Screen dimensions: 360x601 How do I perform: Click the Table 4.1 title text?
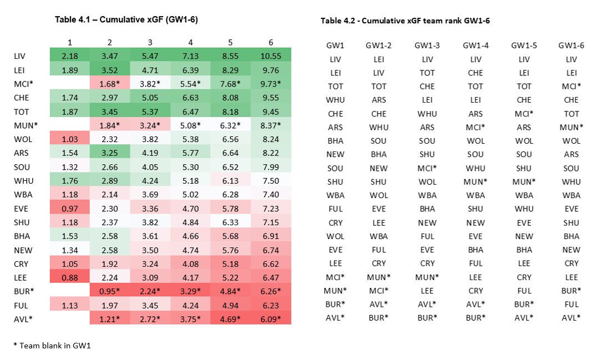126,19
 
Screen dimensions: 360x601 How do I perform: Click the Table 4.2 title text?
405,21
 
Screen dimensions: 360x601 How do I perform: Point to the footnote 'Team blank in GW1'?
52,346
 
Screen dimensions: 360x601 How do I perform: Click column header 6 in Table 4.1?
271,43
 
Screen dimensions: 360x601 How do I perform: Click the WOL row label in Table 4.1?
22,141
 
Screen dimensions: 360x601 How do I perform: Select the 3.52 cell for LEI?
110,70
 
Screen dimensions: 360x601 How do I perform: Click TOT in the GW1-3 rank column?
427,73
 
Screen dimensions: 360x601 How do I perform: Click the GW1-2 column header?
379,45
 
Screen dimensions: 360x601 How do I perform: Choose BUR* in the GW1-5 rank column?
523,304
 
